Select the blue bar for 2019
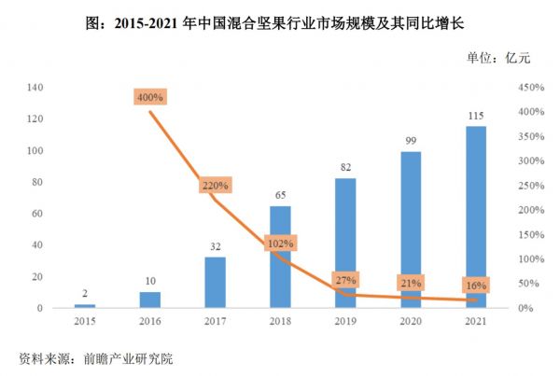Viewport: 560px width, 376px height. click(x=345, y=243)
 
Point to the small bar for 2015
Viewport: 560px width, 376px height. click(x=85, y=305)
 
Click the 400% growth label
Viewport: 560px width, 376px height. click(x=149, y=97)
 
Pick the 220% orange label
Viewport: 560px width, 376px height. click(x=215, y=185)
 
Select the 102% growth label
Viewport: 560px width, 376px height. click(x=280, y=244)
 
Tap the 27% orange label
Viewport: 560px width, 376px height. click(x=345, y=280)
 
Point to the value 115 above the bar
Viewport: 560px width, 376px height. click(x=476, y=116)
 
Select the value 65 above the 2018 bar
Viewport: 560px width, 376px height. click(x=280, y=195)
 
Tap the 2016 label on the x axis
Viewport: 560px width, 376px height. click(x=149, y=323)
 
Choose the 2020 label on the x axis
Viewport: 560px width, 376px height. click(x=411, y=323)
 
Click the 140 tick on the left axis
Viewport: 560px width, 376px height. click(x=36, y=88)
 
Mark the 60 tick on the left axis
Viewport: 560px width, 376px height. click(x=39, y=214)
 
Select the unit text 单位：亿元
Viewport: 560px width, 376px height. click(x=498, y=59)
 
